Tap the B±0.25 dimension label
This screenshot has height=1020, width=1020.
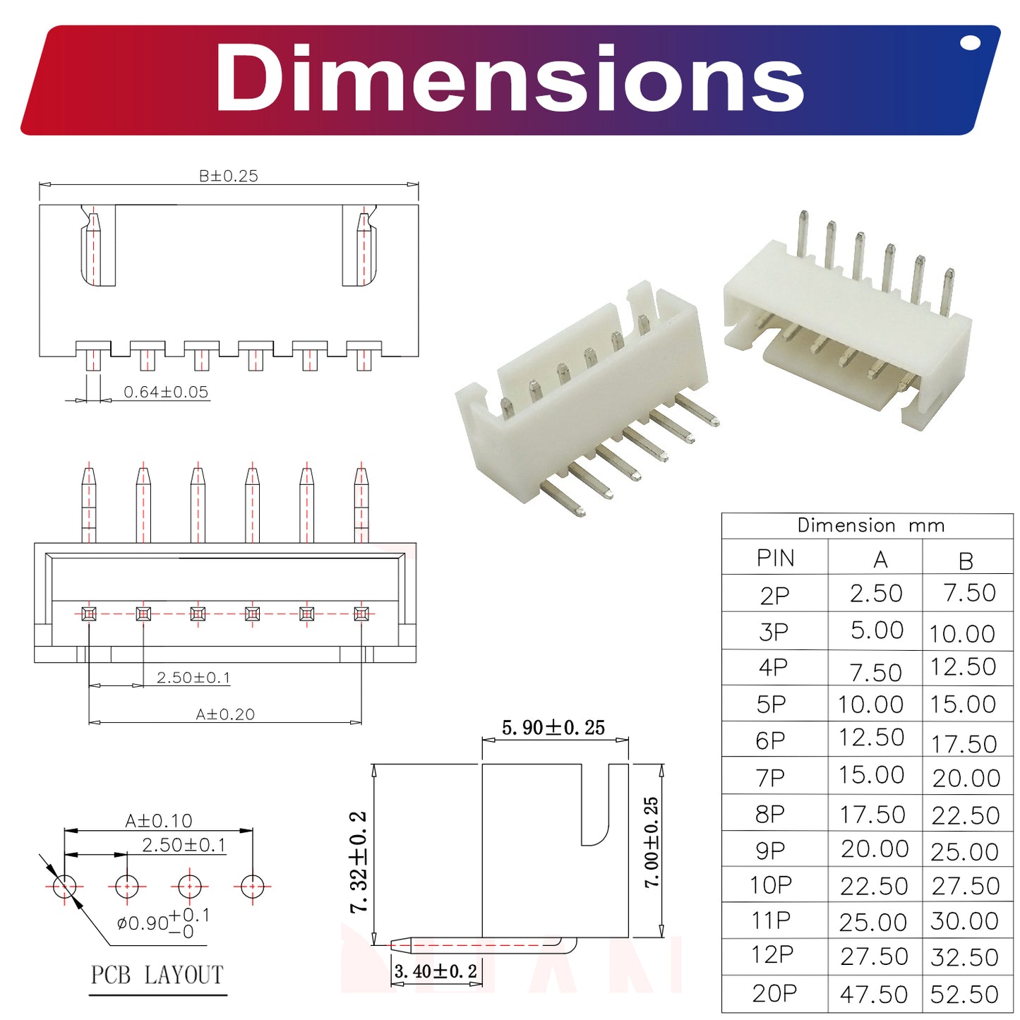[x=228, y=176]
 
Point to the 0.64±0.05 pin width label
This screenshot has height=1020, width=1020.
[x=166, y=392]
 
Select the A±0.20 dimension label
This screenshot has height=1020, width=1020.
[x=225, y=714]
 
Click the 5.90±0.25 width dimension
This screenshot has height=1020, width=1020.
[x=553, y=728]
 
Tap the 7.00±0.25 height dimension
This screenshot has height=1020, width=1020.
[x=651, y=842]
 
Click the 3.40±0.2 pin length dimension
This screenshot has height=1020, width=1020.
[x=436, y=971]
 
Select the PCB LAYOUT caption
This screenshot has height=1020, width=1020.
[x=157, y=975]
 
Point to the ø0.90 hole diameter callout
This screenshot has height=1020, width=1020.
[x=163, y=923]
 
